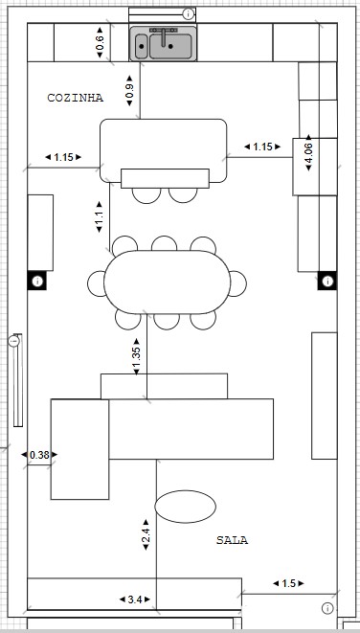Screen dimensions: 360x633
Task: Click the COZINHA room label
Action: (x=75, y=98)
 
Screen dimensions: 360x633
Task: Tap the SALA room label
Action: (x=232, y=540)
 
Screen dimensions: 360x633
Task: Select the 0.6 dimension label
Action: (x=100, y=42)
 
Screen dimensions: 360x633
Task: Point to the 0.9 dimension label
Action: (x=129, y=91)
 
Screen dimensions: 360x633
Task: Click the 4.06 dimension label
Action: (x=308, y=152)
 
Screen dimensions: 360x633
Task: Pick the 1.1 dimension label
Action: (x=100, y=216)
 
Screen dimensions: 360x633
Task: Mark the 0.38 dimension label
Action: (x=39, y=455)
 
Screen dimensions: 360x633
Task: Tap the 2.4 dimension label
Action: (x=146, y=534)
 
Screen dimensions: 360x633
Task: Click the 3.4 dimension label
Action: (x=135, y=599)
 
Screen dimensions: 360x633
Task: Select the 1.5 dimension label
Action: (x=288, y=583)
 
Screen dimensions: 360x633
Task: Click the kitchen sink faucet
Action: (x=164, y=36)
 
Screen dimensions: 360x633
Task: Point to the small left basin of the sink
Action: (x=142, y=46)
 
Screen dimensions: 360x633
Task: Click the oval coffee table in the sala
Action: (x=185, y=507)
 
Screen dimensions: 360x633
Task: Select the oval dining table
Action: (x=168, y=283)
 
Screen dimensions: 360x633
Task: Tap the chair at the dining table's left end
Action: (x=96, y=283)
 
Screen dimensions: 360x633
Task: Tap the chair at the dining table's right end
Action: (x=238, y=283)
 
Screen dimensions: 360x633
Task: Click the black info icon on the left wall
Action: (x=37, y=281)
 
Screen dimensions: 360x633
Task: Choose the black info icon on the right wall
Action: (x=327, y=281)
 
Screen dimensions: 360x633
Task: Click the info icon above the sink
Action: (x=188, y=14)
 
